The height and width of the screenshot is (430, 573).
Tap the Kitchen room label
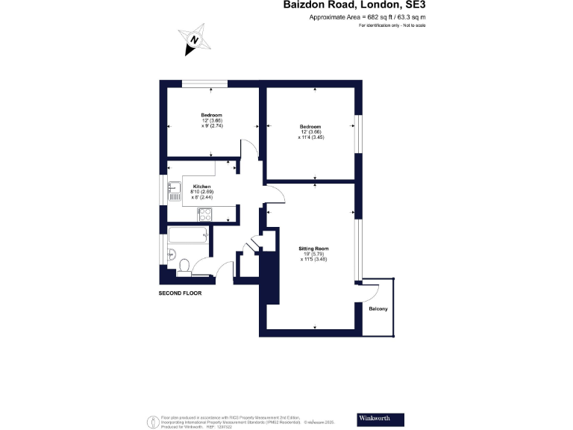[x=202, y=186]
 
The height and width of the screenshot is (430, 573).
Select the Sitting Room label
[x=314, y=248]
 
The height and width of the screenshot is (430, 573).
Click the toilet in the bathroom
[x=184, y=264]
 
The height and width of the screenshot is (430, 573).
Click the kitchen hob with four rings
[x=205, y=214]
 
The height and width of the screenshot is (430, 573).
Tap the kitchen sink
[x=175, y=187]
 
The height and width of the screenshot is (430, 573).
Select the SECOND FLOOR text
[x=180, y=293]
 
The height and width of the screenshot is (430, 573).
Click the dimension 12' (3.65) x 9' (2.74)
[x=212, y=123]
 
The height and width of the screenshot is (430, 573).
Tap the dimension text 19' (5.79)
[x=314, y=254]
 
